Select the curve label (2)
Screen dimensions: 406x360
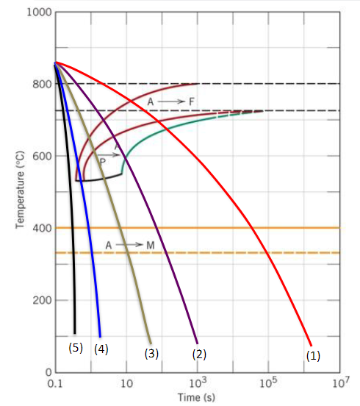[x=198, y=354]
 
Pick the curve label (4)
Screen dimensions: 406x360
[x=101, y=349]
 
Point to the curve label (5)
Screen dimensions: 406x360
[x=76, y=348]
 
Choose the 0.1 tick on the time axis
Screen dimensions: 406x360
[x=54, y=384]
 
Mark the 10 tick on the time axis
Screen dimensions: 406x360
[x=126, y=384]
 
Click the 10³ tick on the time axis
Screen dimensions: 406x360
[x=197, y=383]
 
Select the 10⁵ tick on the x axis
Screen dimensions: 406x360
[x=268, y=383]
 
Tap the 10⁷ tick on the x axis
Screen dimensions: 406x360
[x=339, y=383]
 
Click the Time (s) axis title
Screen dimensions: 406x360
[x=197, y=398]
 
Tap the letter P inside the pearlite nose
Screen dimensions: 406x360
[x=103, y=160]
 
